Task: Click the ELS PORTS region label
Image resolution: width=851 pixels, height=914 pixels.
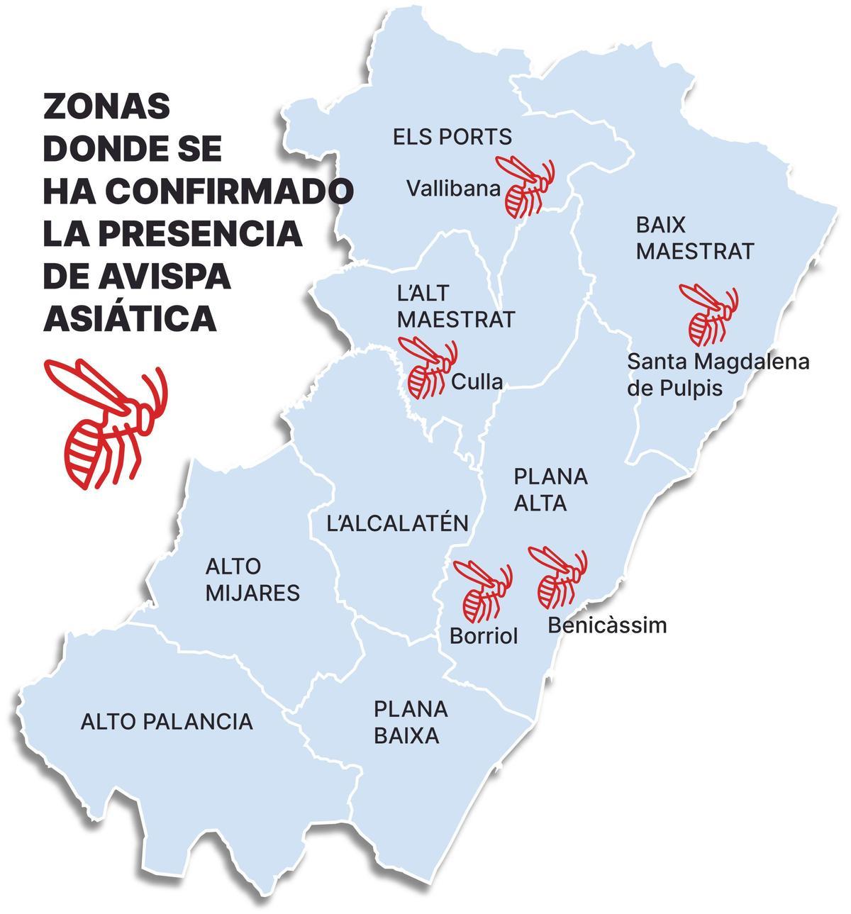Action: (452, 137)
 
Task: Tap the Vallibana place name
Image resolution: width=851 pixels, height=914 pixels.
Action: (453, 189)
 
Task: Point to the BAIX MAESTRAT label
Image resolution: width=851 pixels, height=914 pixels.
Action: (694, 238)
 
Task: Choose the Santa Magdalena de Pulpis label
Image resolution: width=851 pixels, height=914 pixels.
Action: (718, 374)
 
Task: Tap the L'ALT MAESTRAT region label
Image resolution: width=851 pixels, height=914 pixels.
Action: (455, 306)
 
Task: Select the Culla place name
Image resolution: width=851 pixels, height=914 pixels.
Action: (477, 382)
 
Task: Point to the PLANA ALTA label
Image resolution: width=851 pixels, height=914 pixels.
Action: (550, 489)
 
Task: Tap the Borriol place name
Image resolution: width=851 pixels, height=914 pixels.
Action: (484, 636)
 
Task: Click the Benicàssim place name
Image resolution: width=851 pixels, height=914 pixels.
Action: (607, 625)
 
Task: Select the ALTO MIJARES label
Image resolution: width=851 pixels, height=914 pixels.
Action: (252, 579)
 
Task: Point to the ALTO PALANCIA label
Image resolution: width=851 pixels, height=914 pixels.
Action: (167, 722)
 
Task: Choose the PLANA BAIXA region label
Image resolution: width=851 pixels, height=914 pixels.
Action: (410, 722)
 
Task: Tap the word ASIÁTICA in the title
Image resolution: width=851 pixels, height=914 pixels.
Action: (130, 319)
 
